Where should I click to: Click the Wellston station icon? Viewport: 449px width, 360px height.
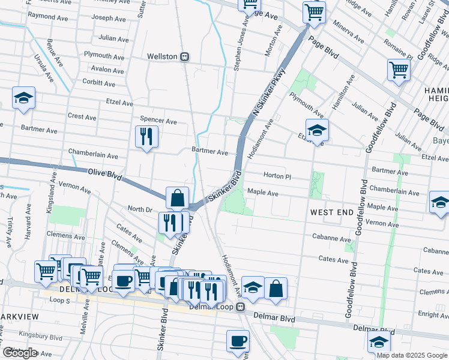pyautogui.click(x=185, y=56)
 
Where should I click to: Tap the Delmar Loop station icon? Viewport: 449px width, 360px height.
pyautogui.click(x=240, y=307)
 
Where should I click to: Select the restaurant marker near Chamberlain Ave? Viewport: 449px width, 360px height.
pyautogui.click(x=146, y=137)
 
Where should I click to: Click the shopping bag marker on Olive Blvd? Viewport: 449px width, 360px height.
pyautogui.click(x=178, y=197)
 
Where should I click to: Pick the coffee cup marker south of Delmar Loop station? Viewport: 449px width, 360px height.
pyautogui.click(x=238, y=341)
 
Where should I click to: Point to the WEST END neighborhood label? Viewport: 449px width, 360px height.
pyautogui.click(x=330, y=212)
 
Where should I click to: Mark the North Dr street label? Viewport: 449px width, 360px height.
pyautogui.click(x=140, y=209)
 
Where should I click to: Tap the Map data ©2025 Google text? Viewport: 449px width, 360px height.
pyautogui.click(x=411, y=355)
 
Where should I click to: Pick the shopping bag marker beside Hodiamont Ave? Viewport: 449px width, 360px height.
pyautogui.click(x=276, y=288)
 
